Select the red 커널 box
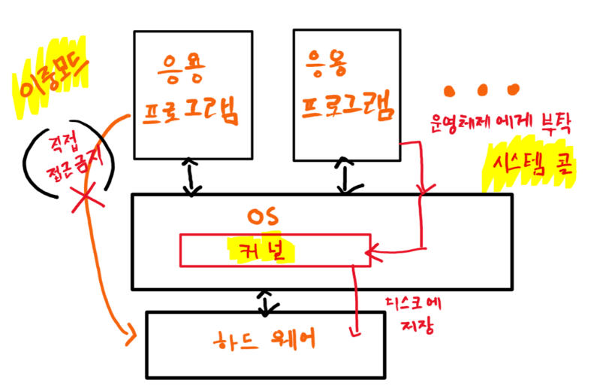(x=274, y=251)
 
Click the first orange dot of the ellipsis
(x=450, y=90)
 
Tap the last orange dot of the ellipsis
(x=513, y=89)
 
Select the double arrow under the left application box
(x=193, y=177)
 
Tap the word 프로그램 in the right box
(x=348, y=108)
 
